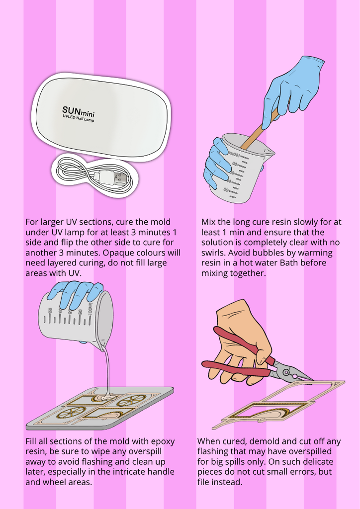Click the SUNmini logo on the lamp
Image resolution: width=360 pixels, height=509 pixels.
[x=78, y=112]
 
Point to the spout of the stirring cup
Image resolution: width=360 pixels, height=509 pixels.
[x=269, y=151]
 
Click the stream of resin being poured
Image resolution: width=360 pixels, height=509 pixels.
[x=107, y=369]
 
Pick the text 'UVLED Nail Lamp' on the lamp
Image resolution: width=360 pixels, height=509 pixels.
[x=78, y=118]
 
